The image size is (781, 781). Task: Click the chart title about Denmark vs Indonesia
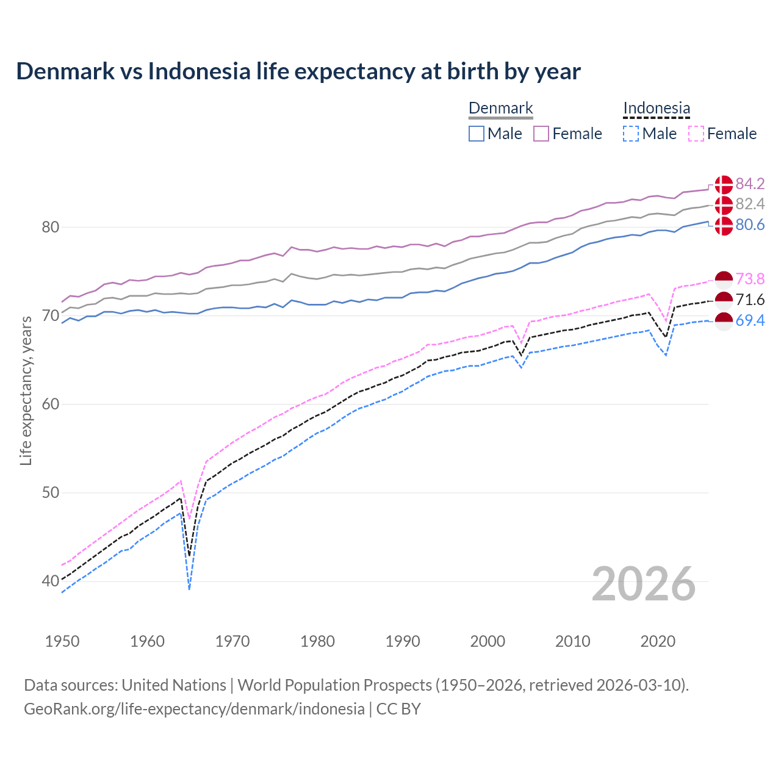tap(298, 71)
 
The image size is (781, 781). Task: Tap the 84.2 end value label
tap(750, 184)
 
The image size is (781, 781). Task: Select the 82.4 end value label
tap(750, 204)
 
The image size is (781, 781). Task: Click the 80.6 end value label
tap(750, 225)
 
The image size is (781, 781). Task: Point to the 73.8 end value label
tap(750, 279)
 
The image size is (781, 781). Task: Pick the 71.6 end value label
tap(750, 300)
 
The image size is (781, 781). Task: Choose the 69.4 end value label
tap(750, 320)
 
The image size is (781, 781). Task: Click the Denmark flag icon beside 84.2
tap(724, 184)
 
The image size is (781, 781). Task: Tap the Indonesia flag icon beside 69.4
tap(724, 321)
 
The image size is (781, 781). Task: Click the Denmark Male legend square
tap(477, 134)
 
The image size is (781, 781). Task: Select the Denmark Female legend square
tap(541, 134)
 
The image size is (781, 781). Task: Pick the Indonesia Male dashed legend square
tap(631, 134)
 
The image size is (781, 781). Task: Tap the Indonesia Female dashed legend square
tap(696, 134)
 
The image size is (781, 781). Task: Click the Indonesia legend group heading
tap(657, 109)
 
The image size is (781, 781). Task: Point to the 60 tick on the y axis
tap(50, 404)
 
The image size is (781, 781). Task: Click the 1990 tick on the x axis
tap(403, 641)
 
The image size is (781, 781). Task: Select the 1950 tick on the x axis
tap(62, 641)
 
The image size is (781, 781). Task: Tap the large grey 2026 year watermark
tap(643, 584)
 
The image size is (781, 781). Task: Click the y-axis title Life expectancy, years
tap(26, 390)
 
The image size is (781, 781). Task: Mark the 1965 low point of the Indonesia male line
tap(190, 589)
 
